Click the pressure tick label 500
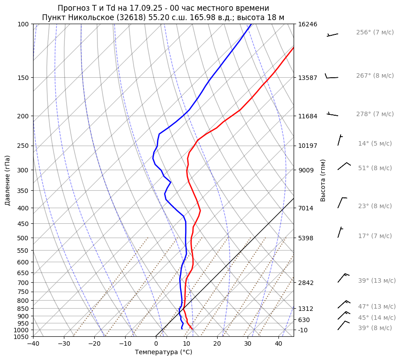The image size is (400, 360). (x=24, y=238)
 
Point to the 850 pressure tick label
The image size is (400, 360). (x=24, y=309)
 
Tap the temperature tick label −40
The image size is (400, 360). (x=33, y=344)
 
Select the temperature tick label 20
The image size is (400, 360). (x=217, y=344)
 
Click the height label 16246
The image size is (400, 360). (x=307, y=24)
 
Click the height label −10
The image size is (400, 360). (x=303, y=330)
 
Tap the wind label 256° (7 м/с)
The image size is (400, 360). (x=375, y=33)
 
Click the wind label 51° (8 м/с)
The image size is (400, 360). (x=375, y=168)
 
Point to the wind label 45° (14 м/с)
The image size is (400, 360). (x=377, y=318)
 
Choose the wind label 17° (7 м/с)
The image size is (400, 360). (x=375, y=236)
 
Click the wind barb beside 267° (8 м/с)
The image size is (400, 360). (x=331, y=77)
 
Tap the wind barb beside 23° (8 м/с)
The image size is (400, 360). (x=342, y=202)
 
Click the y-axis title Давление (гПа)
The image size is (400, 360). (x=8, y=180)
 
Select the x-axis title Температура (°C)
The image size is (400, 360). (x=164, y=352)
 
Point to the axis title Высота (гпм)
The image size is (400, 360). (x=323, y=180)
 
